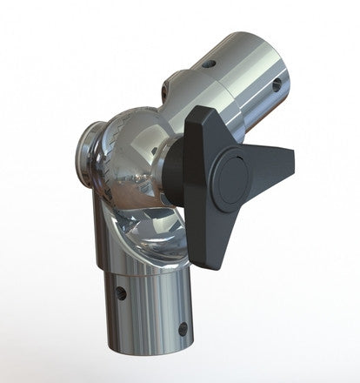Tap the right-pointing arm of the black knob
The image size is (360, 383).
(x=277, y=161)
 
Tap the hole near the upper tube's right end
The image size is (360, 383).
(x=276, y=85)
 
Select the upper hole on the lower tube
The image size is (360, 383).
(x=122, y=293)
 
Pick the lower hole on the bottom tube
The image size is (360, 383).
(x=183, y=328)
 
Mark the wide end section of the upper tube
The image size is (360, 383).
(x=252, y=70)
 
